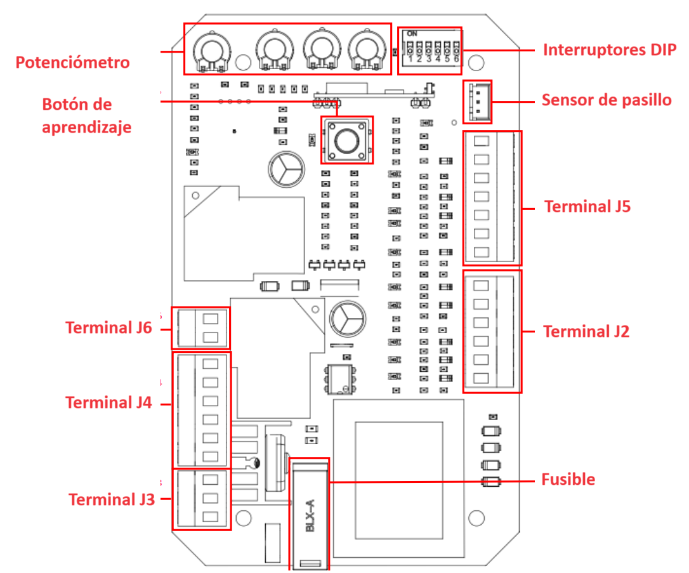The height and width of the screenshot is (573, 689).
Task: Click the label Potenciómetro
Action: [72, 62]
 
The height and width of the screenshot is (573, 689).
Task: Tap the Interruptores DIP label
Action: [609, 50]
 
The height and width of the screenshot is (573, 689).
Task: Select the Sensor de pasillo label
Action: [606, 100]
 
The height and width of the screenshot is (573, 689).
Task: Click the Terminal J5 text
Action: [587, 206]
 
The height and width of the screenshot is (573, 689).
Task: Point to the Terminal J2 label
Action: [586, 331]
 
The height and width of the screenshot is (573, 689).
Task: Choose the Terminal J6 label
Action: [108, 327]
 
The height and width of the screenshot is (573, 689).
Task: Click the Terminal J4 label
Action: [108, 402]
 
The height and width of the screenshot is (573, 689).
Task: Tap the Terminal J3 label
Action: [111, 499]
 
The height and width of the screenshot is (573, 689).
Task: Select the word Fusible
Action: [568, 479]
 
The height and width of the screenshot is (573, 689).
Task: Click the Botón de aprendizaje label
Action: [86, 115]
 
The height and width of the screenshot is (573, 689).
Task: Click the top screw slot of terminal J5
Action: [482, 142]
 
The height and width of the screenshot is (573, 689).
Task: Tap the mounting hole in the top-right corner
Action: [478, 63]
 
